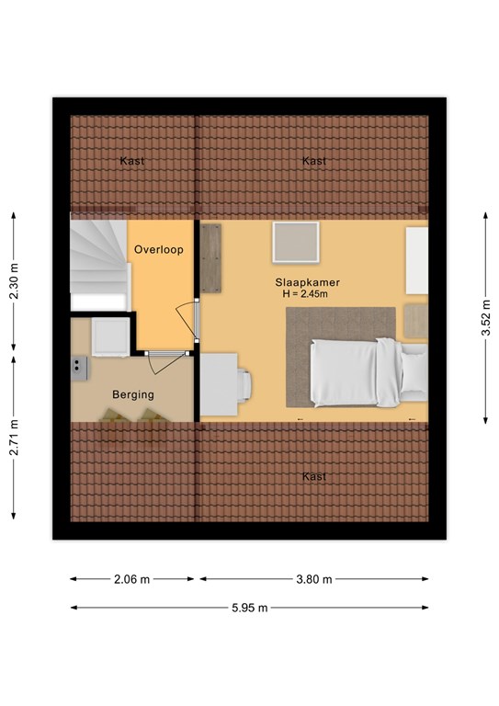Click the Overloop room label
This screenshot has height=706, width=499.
pyautogui.click(x=159, y=249)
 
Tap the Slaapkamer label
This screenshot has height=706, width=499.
pyautogui.click(x=307, y=282)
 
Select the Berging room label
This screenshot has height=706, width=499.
pyautogui.click(x=133, y=395)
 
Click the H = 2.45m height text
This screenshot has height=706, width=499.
pyautogui.click(x=305, y=294)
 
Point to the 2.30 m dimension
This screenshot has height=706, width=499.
pyautogui.click(x=15, y=281)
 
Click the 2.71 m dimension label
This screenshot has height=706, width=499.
pyautogui.click(x=15, y=438)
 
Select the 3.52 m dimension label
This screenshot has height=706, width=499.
pyautogui.click(x=486, y=318)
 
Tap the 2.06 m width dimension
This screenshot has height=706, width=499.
pyautogui.click(x=131, y=579)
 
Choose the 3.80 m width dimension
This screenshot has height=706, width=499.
pyautogui.click(x=314, y=579)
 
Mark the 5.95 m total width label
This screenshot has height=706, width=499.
pyautogui.click(x=250, y=608)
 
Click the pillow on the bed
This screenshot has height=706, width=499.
pyautogui.click(x=414, y=371)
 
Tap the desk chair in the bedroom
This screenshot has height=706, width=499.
pyautogui.click(x=244, y=385)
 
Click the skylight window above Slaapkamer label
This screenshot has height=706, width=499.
pyautogui.click(x=296, y=243)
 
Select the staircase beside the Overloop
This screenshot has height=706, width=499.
pyautogui.click(x=99, y=265)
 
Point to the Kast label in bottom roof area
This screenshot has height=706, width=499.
pyautogui.click(x=314, y=476)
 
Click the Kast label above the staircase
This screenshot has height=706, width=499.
pyautogui.click(x=132, y=161)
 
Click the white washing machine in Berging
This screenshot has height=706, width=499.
pyautogui.click(x=110, y=337)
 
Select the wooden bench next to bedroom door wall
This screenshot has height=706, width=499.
pyautogui.click(x=210, y=258)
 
